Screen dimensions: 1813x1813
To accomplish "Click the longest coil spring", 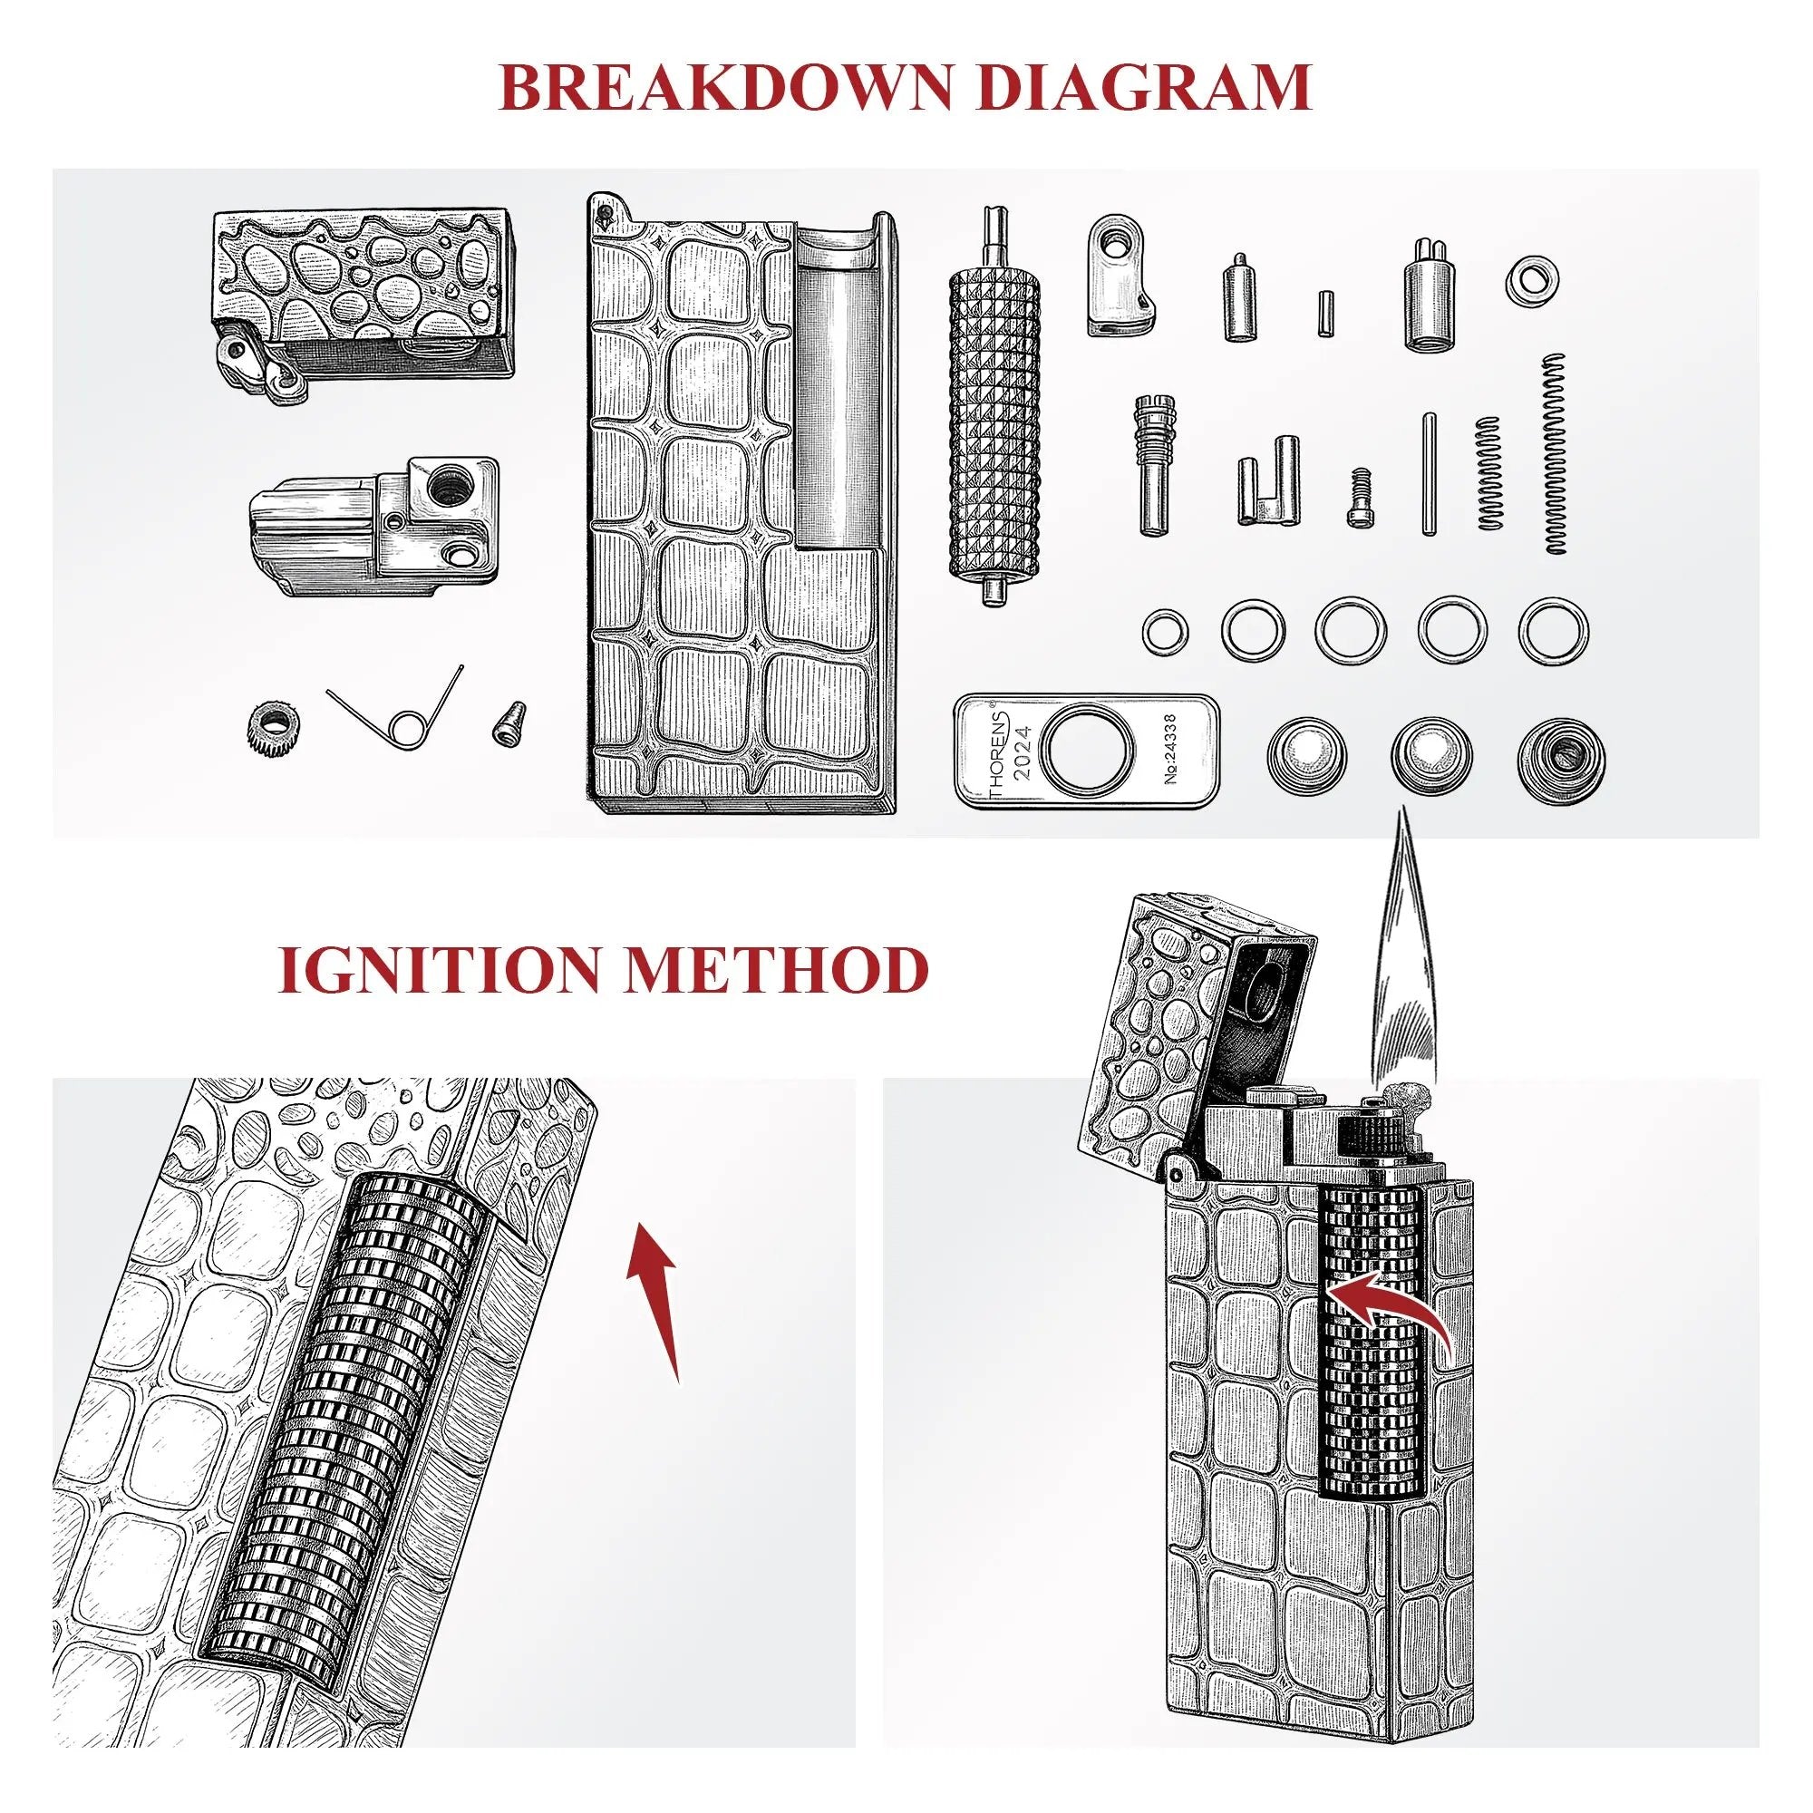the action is pyautogui.click(x=1555, y=453).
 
